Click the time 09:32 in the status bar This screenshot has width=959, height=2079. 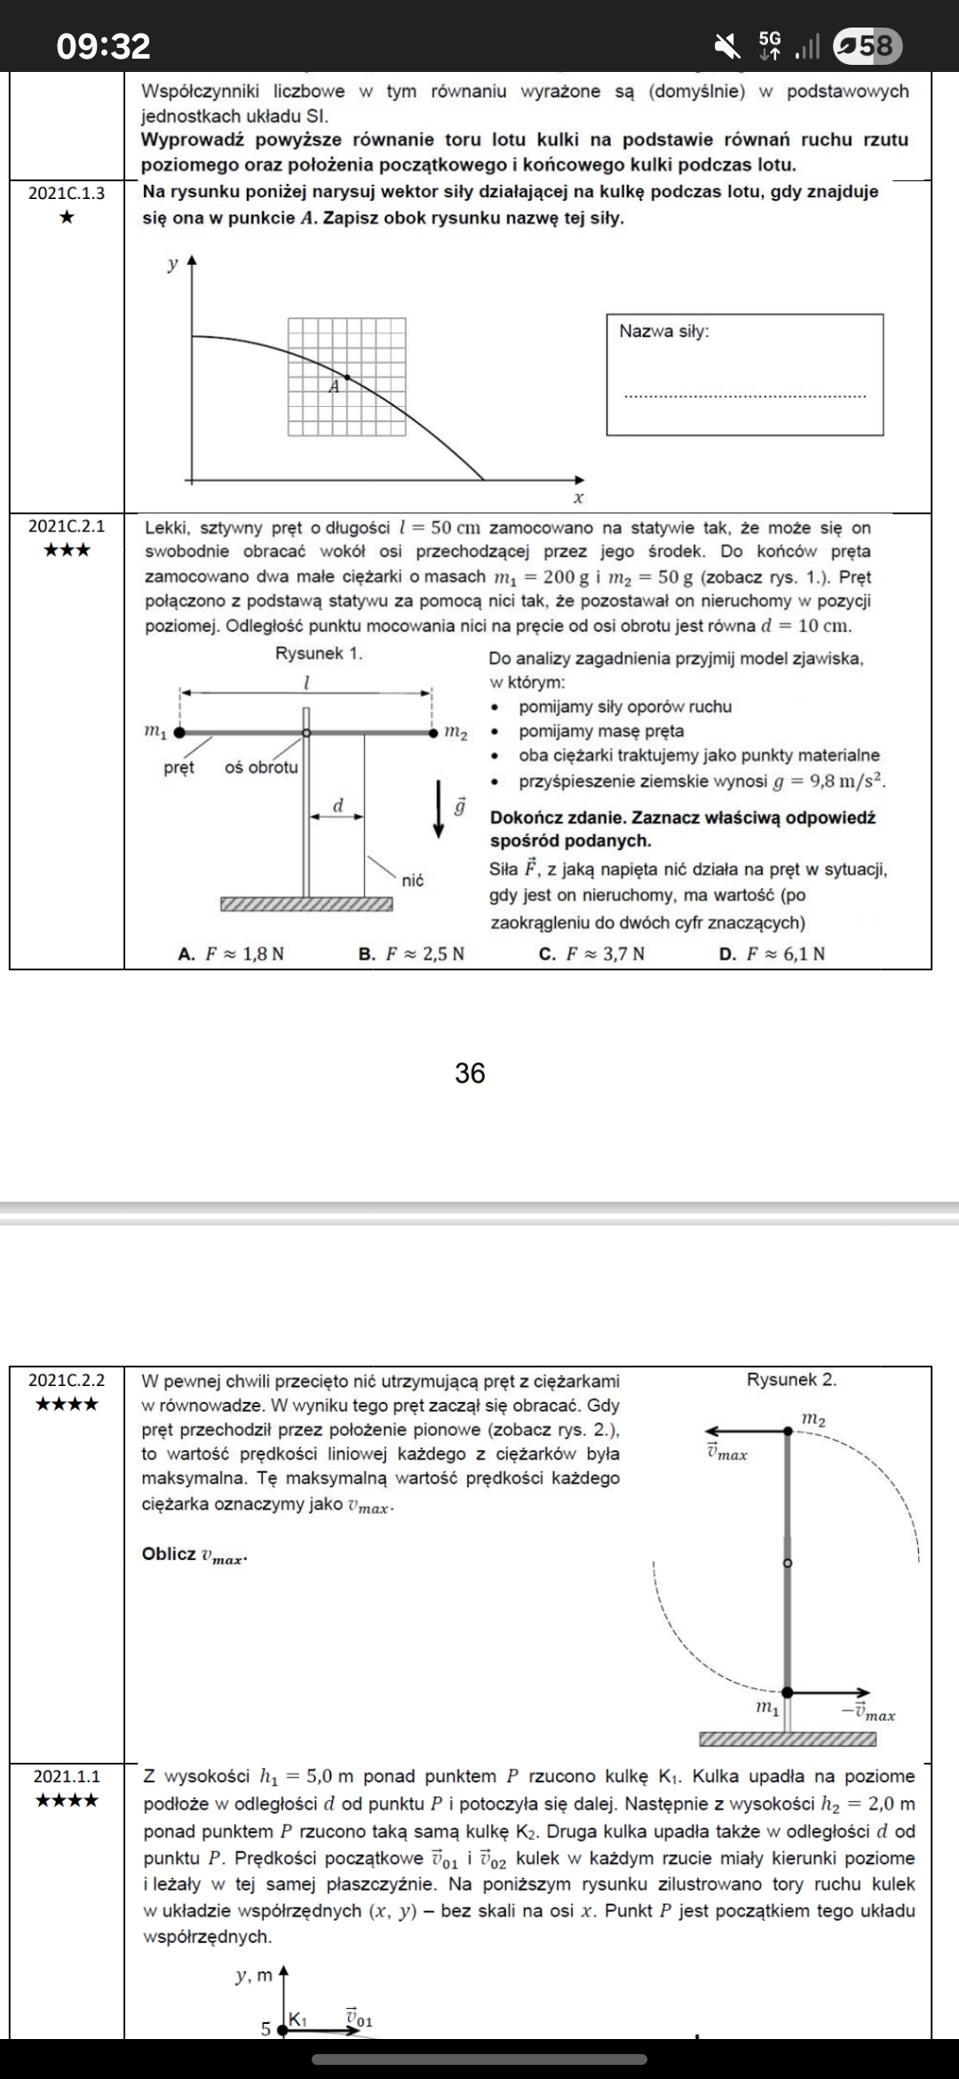(103, 45)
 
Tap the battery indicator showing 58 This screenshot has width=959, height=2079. (869, 45)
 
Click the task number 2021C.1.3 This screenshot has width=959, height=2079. (66, 193)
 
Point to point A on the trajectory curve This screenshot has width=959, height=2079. (347, 377)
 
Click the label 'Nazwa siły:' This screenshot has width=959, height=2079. (664, 331)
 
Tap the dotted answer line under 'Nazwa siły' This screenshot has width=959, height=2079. (744, 396)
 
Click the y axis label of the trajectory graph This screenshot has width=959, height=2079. (173, 264)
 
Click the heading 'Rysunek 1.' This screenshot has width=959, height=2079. (319, 653)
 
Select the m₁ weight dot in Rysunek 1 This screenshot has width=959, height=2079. (180, 733)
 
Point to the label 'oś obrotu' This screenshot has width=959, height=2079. (261, 767)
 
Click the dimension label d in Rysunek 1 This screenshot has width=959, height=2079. (337, 805)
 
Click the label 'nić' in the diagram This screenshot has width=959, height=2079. (413, 880)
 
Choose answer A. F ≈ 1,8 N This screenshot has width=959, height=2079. (231, 954)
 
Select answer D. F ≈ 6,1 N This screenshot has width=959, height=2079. (772, 954)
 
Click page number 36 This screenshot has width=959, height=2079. (470, 1073)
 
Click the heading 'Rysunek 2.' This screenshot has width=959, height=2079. (791, 1380)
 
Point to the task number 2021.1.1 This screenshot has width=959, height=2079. (66, 1776)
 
